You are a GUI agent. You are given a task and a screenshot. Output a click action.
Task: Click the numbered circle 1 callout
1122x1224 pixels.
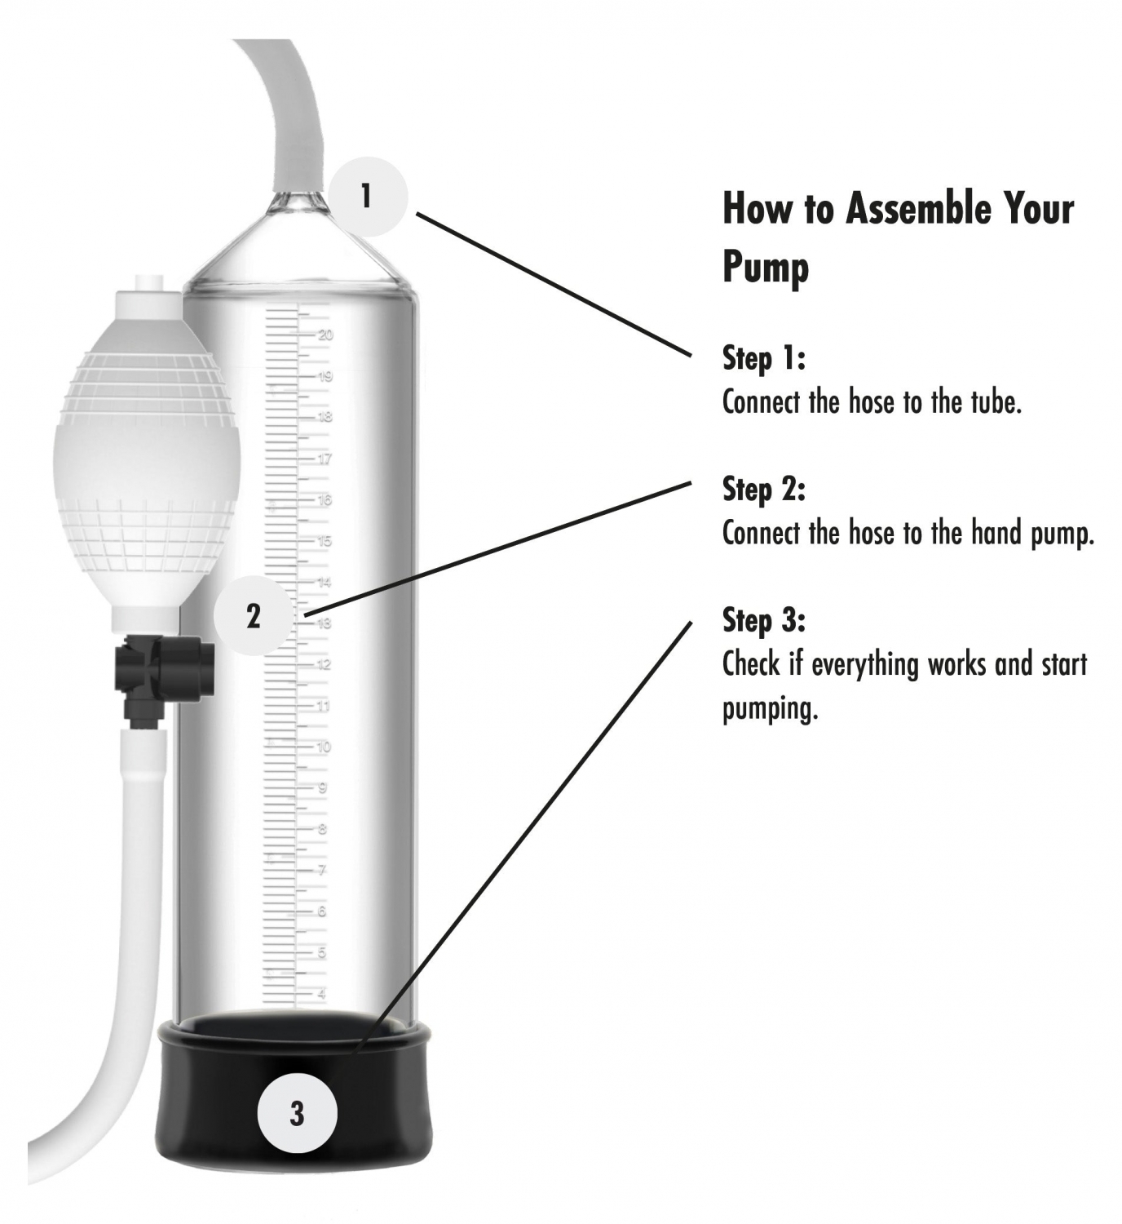(x=368, y=197)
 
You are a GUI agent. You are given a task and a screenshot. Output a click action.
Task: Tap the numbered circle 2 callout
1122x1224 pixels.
(x=253, y=615)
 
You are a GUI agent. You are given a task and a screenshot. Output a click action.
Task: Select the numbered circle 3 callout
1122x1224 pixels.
(x=297, y=1114)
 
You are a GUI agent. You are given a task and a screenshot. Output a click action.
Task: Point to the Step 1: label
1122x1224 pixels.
(x=763, y=357)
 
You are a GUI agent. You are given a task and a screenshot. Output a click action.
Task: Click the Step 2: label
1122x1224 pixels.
(x=763, y=490)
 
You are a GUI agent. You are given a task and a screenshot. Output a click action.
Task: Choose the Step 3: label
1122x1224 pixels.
(x=763, y=620)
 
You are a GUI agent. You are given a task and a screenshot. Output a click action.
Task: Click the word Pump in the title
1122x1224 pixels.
(x=766, y=268)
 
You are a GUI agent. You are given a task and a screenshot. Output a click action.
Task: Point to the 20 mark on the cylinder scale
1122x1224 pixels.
(x=325, y=335)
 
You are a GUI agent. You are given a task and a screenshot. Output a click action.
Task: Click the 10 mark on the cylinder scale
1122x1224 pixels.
(x=323, y=747)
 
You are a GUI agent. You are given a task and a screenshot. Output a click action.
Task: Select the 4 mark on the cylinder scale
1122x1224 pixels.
(x=322, y=994)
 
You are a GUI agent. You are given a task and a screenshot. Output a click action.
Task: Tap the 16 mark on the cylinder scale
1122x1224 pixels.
(x=325, y=499)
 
